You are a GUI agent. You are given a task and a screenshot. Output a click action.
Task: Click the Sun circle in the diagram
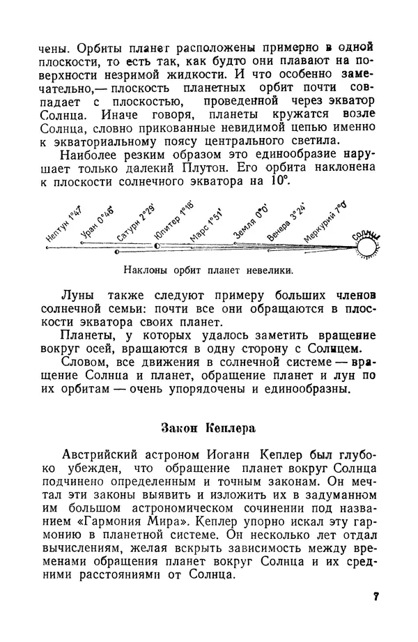click(x=368, y=245)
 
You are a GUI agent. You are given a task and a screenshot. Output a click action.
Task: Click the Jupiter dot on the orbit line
click(x=157, y=246)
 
